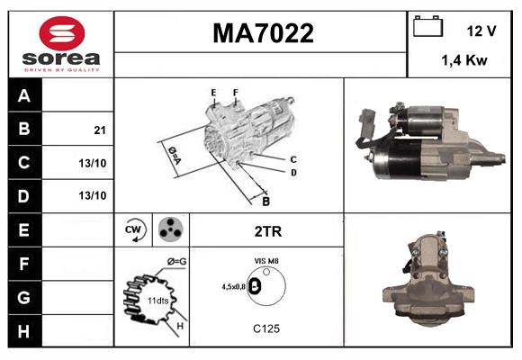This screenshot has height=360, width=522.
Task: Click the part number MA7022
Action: [x=262, y=33]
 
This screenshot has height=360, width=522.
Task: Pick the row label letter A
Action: [x=24, y=95]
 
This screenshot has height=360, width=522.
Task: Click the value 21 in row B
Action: [x=99, y=130]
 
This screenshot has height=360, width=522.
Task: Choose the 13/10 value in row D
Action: [x=93, y=195]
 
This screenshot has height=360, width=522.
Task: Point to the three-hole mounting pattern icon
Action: [x=171, y=230]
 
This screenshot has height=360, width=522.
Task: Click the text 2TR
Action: [x=268, y=231]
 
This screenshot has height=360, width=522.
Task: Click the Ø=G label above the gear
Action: [x=175, y=261]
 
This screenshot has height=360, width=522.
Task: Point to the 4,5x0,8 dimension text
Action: [x=231, y=287]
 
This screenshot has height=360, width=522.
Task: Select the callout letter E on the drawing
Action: [x=213, y=93]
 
